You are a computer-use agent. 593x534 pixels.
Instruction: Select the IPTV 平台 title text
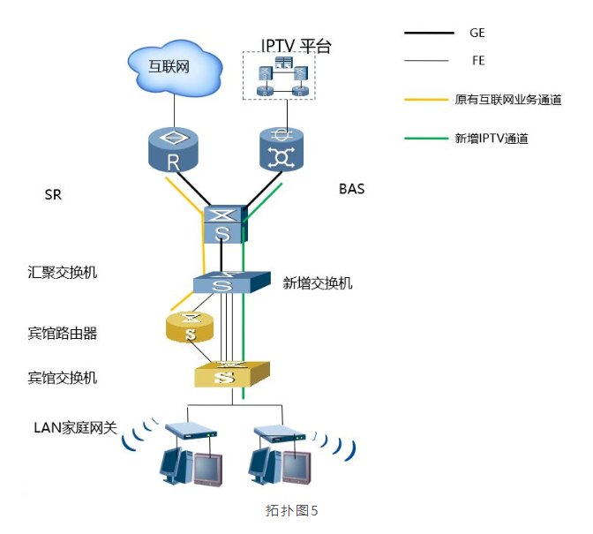click(296, 46)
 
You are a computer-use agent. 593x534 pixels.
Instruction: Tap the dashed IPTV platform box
click(279, 76)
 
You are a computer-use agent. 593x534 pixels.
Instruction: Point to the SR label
click(53, 195)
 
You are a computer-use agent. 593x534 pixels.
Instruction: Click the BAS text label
click(351, 189)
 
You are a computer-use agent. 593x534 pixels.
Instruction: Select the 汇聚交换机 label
click(63, 272)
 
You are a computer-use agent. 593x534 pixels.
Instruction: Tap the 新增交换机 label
click(318, 282)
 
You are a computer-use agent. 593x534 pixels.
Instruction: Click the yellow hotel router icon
click(190, 327)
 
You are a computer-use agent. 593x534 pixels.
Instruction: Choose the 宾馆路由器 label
click(63, 334)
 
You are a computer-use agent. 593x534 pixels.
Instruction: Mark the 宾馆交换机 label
click(63, 378)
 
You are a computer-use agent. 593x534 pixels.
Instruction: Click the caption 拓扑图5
click(291, 510)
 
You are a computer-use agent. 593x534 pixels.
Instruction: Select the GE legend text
click(477, 33)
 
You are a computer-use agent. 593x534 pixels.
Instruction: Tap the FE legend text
click(477, 61)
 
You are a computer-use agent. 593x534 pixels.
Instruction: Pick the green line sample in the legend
click(426, 139)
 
